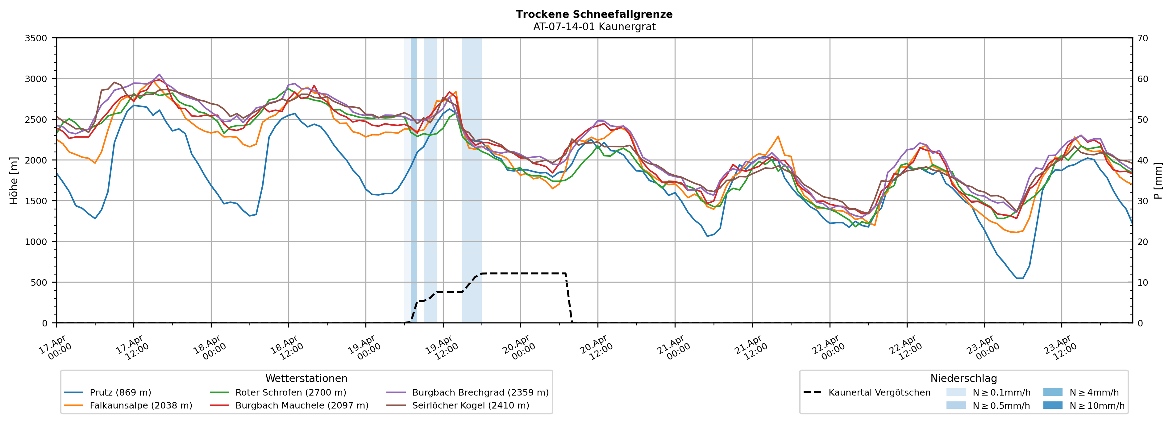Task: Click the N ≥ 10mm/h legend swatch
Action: pyautogui.click(x=1052, y=405)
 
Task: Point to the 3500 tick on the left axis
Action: pyautogui.click(x=36, y=38)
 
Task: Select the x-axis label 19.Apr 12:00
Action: pyautogui.click(x=440, y=348)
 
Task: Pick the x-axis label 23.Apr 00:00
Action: pyautogui.click(x=982, y=348)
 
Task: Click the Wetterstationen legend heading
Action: pyautogui.click(x=306, y=378)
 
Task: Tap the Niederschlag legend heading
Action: pyautogui.click(x=963, y=378)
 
